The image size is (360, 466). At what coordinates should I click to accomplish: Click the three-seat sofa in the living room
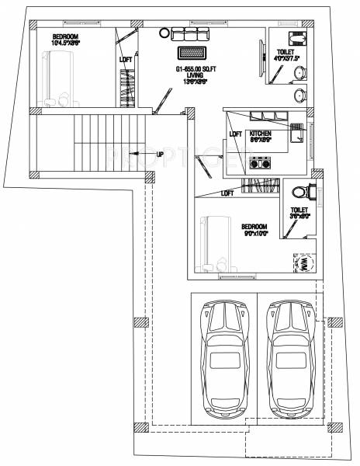(190, 34)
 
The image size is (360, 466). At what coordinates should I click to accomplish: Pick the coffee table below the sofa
(192, 54)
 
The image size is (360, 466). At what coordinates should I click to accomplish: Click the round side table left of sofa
(164, 32)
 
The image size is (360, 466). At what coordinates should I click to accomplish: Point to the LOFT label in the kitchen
(236, 134)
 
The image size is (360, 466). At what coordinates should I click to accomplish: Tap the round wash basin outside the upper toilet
(299, 96)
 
